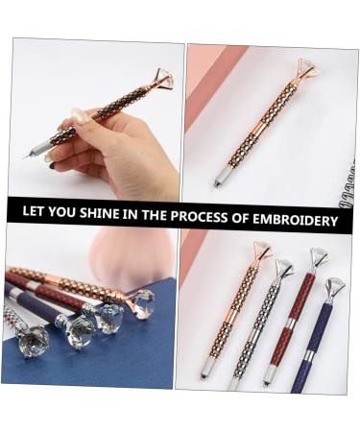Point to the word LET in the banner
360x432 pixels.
tap(37, 218)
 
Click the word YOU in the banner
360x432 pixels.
tap(68, 218)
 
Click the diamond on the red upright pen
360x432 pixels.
tap(319, 256)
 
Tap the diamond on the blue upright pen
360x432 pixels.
tap(335, 286)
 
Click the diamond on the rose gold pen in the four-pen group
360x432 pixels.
tap(263, 252)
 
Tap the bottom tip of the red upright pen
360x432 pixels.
tap(269, 382)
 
